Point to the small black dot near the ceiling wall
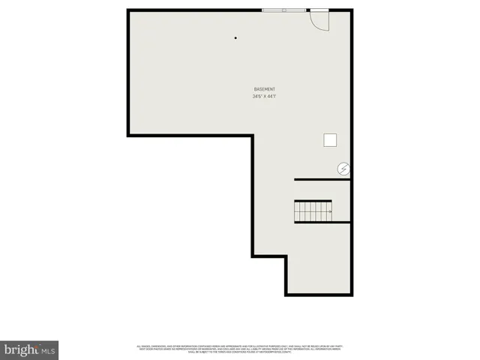235,37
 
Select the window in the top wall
283,10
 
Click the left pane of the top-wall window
271,10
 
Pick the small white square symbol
330,139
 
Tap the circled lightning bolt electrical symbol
343,169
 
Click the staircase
313,211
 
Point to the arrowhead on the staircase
330,211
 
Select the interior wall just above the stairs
322,180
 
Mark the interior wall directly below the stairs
322,223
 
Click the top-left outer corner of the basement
128,10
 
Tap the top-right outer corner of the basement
351,10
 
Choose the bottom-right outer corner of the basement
351,295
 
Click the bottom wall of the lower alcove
318,295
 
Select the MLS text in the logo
49,350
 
